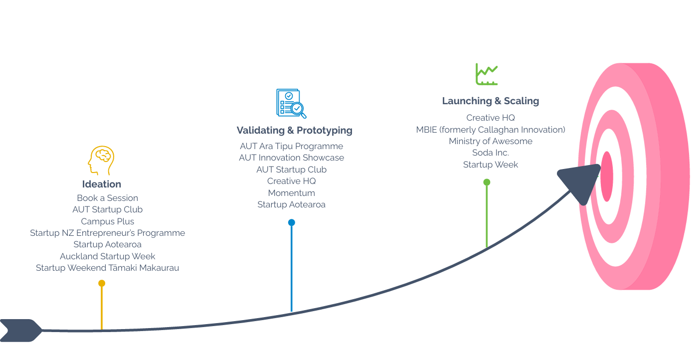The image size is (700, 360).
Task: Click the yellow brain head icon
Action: [101, 160]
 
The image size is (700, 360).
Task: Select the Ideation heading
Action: [102, 184]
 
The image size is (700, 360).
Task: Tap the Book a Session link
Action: [107, 198]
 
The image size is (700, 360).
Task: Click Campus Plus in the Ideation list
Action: [107, 221]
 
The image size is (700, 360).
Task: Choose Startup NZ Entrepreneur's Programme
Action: [107, 233]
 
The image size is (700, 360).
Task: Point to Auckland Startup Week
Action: [107, 256]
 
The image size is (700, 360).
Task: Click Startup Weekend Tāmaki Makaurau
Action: [107, 268]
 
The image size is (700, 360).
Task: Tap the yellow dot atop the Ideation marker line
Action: [102, 283]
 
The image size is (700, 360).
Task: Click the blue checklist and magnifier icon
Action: [291, 103]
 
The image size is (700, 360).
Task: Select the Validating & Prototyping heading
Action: [294, 131]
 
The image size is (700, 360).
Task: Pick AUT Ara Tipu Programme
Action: [291, 146]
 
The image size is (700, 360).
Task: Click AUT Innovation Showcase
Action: [291, 158]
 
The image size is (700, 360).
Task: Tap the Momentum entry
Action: [291, 193]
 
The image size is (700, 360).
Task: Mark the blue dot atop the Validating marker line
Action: [292, 222]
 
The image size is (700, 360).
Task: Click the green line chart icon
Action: [486, 74]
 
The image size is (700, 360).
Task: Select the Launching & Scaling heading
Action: [490, 101]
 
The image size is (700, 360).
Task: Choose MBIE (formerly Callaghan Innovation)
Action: [491, 130]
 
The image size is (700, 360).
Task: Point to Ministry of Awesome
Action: [491, 141]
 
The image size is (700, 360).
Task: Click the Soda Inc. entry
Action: [491, 153]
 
